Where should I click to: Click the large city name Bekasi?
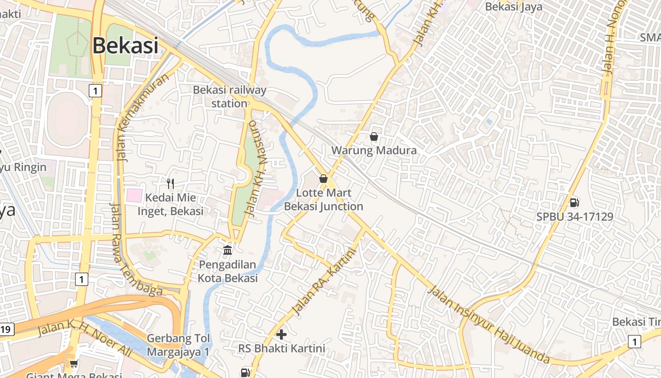click(x=125, y=46)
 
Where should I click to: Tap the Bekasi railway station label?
click(x=229, y=96)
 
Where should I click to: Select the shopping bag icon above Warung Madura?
click(x=374, y=137)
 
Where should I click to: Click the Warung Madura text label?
click(x=374, y=150)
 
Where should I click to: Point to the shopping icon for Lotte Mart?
click(x=323, y=179)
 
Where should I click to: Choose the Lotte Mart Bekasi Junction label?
click(x=323, y=200)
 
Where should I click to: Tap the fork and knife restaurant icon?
click(x=170, y=184)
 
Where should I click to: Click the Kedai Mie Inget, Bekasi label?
click(x=170, y=204)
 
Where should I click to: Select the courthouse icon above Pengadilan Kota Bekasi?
click(x=228, y=249)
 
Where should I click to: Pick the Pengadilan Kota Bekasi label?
click(x=228, y=271)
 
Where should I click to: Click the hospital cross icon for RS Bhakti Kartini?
click(x=281, y=335)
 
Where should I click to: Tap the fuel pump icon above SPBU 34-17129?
click(x=575, y=203)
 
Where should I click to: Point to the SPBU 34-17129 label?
click(x=575, y=216)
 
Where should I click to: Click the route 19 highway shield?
click(x=6, y=329)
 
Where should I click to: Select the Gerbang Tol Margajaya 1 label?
click(x=178, y=345)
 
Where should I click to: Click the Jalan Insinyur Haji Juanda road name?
click(x=489, y=325)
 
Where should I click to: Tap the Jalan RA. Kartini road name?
click(x=323, y=282)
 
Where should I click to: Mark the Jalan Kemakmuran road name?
click(x=143, y=117)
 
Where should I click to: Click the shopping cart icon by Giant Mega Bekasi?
click(x=74, y=363)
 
